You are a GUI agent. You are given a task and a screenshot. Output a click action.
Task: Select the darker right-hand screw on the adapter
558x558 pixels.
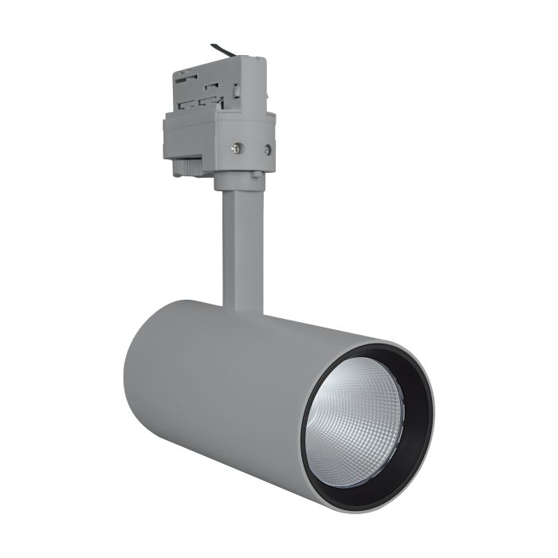click(x=267, y=149)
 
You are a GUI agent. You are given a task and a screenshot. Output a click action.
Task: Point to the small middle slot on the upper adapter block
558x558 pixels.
click(x=211, y=87)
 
